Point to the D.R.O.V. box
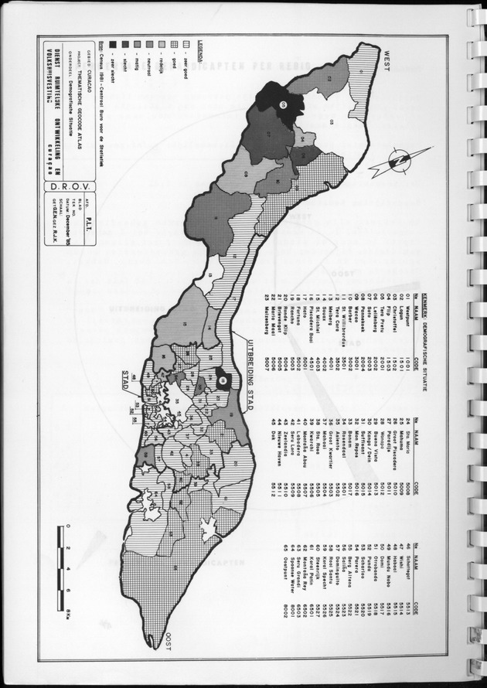pyautogui.click(x=59, y=186)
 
